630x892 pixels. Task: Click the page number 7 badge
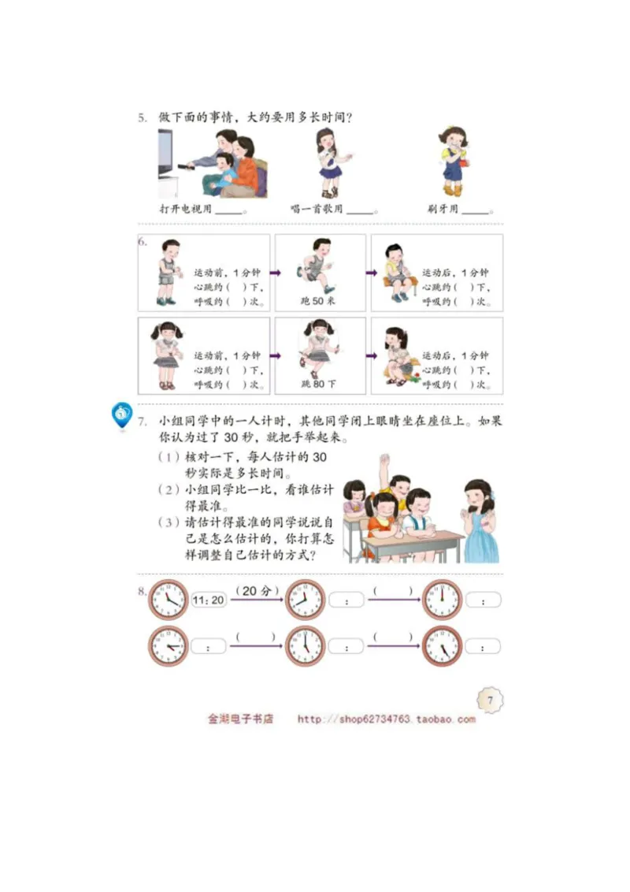click(x=489, y=700)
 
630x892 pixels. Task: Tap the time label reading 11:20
click(x=209, y=600)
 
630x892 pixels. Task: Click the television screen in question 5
click(x=165, y=154)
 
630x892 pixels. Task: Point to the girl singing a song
click(x=329, y=163)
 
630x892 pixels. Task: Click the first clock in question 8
click(x=168, y=600)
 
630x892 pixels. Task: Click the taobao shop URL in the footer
click(x=386, y=719)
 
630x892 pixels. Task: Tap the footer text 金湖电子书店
click(x=240, y=719)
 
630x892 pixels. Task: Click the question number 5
click(x=142, y=118)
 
